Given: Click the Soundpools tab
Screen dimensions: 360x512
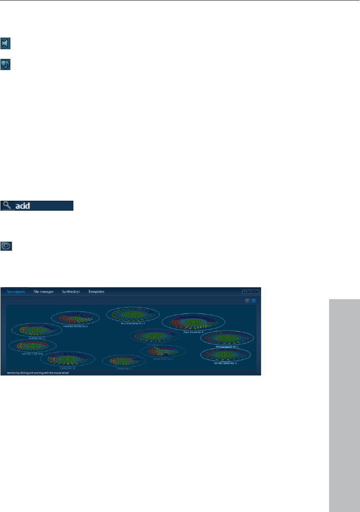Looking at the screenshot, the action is tap(16, 291).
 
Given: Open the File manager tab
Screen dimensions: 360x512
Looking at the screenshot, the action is tap(43, 291).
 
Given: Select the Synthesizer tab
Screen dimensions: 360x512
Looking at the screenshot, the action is tap(71, 291).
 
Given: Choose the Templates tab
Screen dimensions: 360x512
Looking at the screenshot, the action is tap(96, 291).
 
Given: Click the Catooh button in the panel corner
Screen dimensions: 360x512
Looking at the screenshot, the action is tap(251, 292).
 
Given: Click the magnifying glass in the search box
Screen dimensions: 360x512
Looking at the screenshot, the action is tap(7, 205).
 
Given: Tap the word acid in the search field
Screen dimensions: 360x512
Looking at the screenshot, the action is tap(23, 206).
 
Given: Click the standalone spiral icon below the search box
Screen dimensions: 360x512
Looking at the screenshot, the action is tap(7, 246).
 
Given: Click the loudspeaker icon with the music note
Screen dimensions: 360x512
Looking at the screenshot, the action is tap(5, 64).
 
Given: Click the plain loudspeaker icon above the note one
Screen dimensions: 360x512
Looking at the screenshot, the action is tap(5, 43).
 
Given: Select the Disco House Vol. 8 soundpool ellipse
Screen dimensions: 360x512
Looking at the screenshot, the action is tap(193, 321).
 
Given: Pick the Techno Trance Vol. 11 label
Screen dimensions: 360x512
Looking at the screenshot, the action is tap(225, 363).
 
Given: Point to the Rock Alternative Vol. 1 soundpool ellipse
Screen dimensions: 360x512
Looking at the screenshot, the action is tap(133, 314).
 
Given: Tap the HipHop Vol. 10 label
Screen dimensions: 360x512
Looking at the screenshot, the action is tap(67, 368).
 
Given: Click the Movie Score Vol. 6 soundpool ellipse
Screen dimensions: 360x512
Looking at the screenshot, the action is tap(163, 351).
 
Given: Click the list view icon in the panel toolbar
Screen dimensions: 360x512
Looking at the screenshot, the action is tap(247, 300).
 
